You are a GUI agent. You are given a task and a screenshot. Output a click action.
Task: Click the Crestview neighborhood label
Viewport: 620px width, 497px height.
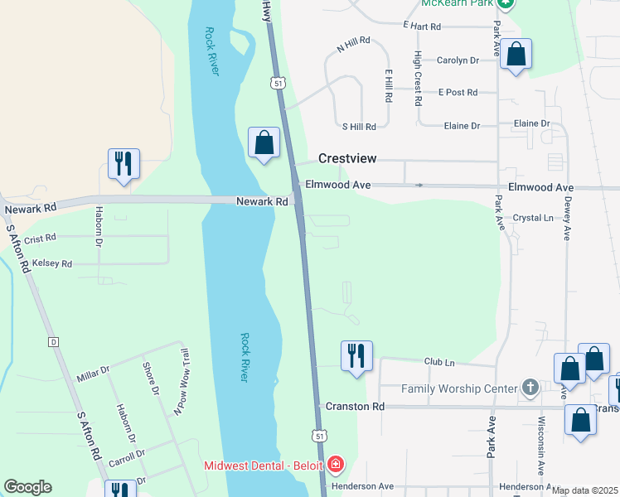point(348,158)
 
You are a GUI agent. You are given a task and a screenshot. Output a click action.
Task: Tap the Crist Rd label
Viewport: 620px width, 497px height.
point(40,238)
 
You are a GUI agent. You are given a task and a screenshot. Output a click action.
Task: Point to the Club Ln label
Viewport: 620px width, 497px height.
point(439,362)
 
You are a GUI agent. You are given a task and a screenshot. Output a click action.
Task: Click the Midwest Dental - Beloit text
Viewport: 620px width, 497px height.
point(264,465)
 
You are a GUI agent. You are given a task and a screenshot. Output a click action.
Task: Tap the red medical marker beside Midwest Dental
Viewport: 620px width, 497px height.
point(336,465)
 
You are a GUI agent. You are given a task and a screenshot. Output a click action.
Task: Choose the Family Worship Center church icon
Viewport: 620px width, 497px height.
point(530,388)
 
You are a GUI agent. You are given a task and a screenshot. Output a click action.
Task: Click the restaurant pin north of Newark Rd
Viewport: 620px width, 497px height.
point(124,163)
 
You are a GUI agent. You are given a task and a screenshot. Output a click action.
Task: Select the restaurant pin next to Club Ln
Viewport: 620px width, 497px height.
point(356,355)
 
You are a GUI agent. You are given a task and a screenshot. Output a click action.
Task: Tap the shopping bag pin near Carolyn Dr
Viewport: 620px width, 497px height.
point(516,55)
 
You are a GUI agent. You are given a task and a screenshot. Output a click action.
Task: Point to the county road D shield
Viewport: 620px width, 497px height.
point(53,341)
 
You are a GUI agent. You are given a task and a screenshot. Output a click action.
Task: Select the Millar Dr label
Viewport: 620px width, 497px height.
point(93,372)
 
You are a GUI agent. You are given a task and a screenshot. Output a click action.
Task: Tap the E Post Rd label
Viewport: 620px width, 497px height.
point(458,93)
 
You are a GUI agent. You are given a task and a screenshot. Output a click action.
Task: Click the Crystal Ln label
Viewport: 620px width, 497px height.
point(532,218)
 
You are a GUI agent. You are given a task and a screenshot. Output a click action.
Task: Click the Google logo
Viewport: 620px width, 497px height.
point(27,487)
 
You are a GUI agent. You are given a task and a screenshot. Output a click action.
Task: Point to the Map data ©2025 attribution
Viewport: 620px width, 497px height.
point(584,490)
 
